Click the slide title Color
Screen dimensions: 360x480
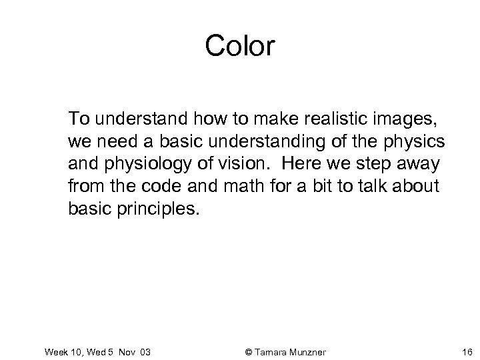pos(239,46)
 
